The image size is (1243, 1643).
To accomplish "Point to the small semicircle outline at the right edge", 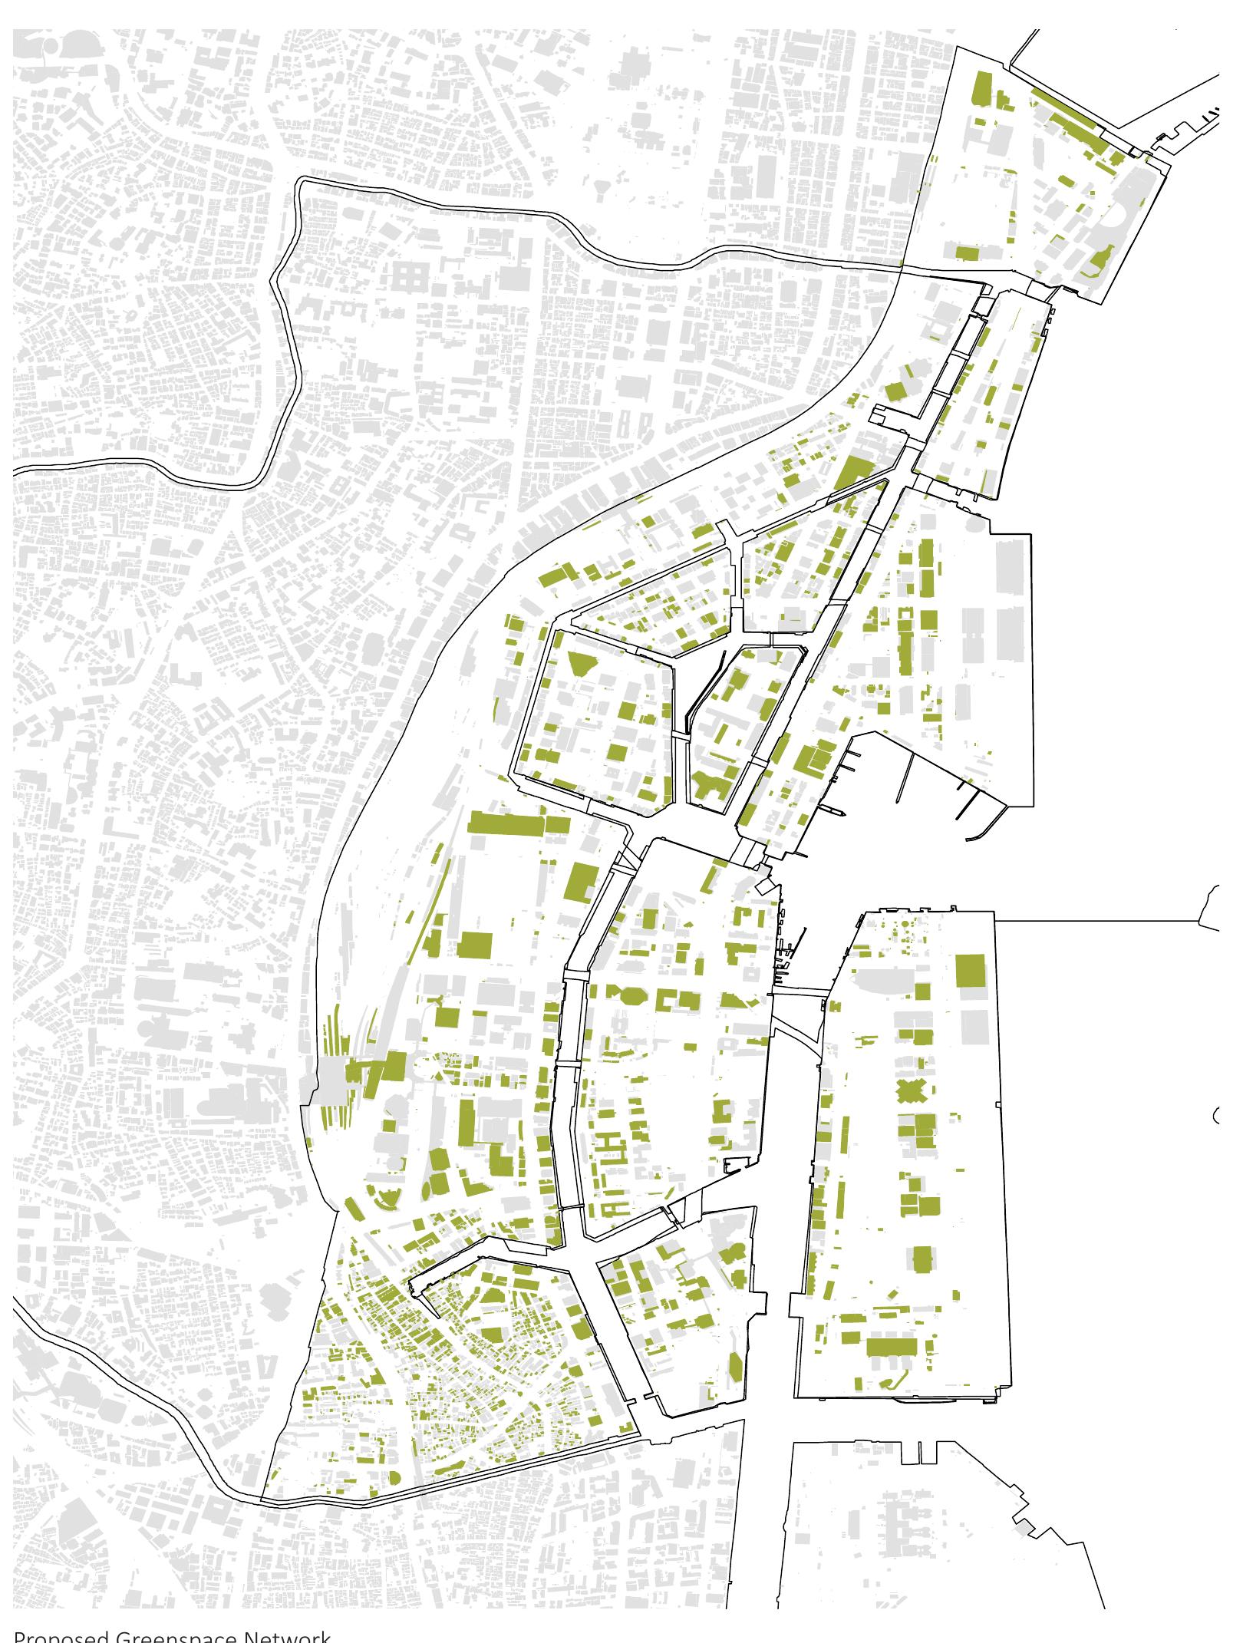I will (1218, 1116).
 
